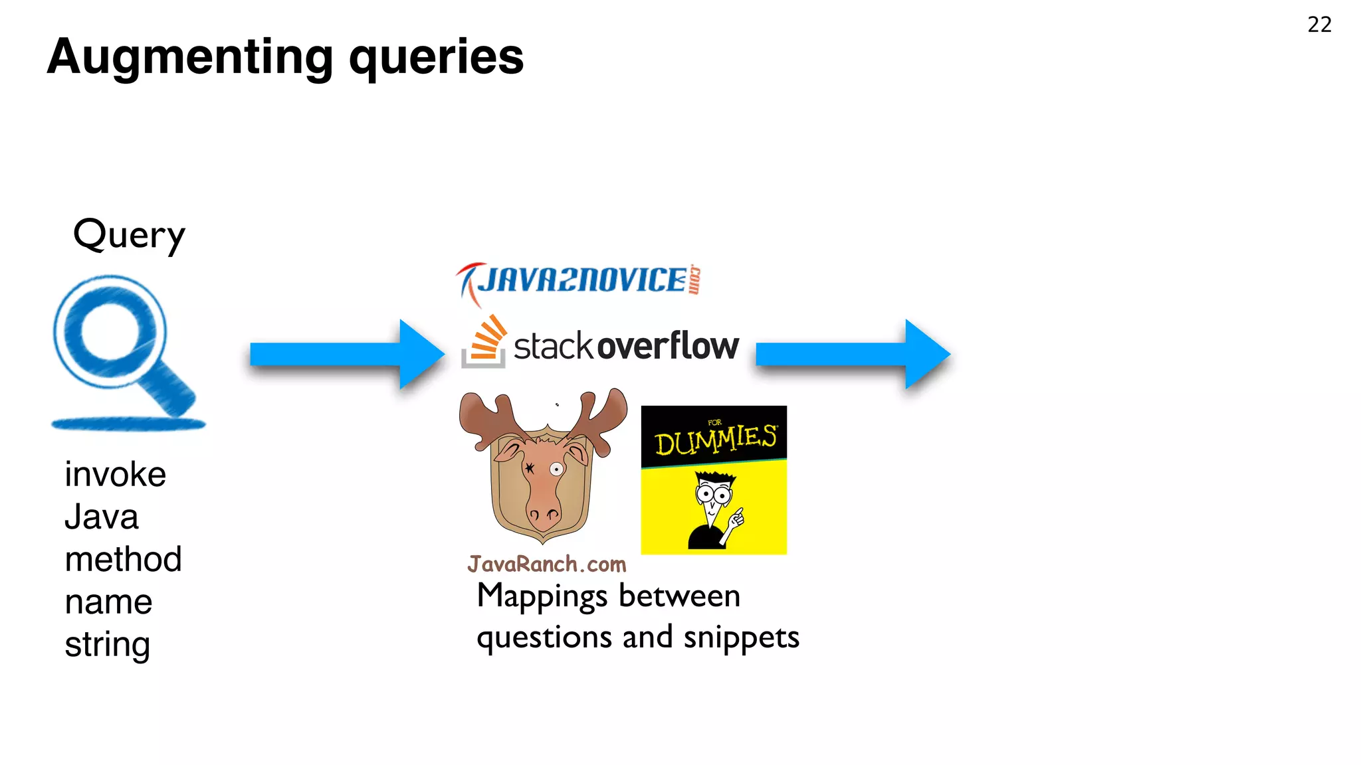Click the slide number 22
(x=1319, y=25)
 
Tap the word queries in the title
(x=436, y=58)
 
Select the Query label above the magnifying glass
(x=129, y=234)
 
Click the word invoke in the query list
(x=115, y=475)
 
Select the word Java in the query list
(x=102, y=517)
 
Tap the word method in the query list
(x=123, y=559)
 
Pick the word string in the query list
(x=107, y=645)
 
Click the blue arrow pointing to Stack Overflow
(x=346, y=355)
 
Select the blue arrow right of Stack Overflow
(x=853, y=355)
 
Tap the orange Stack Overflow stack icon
(x=485, y=342)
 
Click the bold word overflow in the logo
(x=668, y=346)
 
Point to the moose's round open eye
(x=556, y=469)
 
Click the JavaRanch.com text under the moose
(x=546, y=564)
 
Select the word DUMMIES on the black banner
(x=715, y=440)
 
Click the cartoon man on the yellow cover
(x=714, y=510)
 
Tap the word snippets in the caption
(x=741, y=637)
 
